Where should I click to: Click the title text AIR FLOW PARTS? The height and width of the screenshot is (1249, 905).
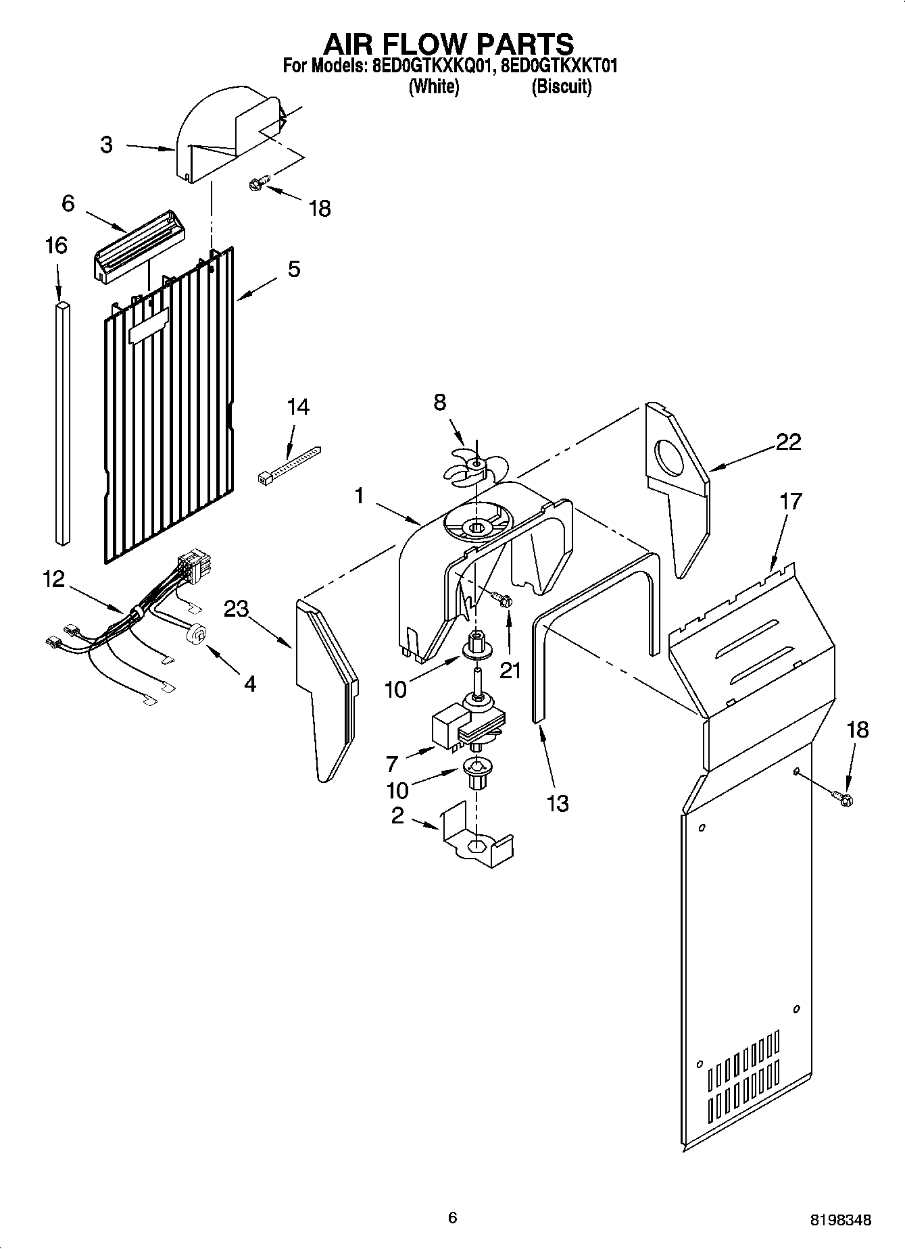[449, 44]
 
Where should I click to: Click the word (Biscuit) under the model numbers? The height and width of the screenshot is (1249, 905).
[562, 87]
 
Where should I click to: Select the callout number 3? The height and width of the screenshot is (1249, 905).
[107, 145]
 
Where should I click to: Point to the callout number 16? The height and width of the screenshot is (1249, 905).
[56, 245]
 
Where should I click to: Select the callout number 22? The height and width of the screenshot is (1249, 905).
[788, 442]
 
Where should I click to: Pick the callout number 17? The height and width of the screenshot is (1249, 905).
[790, 501]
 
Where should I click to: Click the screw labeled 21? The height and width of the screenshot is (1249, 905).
[502, 599]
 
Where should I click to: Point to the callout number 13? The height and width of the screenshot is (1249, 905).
[558, 803]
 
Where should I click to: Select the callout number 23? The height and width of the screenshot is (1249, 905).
[237, 610]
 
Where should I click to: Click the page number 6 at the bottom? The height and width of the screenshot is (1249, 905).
[452, 1217]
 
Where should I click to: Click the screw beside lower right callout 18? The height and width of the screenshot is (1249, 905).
[843, 799]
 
